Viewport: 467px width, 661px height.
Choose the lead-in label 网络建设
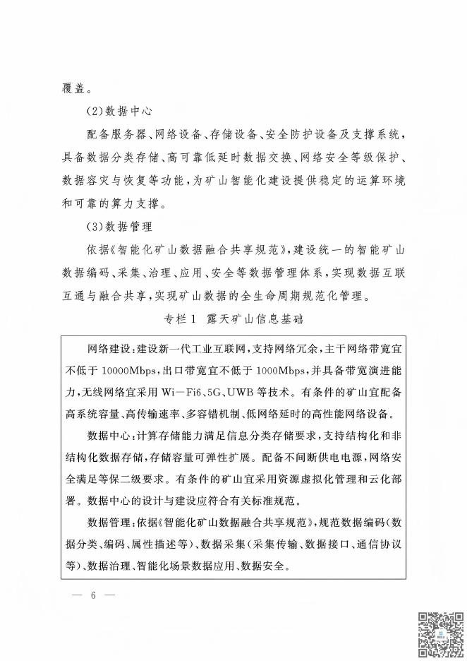point(106,349)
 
